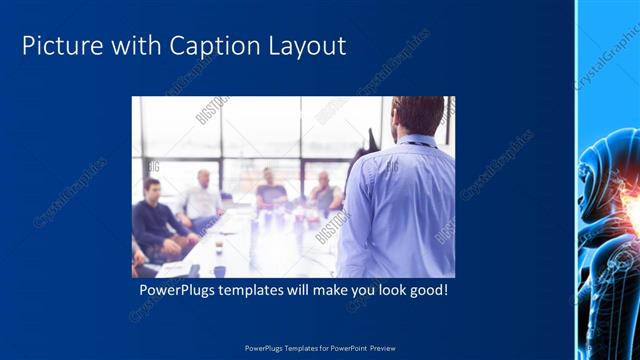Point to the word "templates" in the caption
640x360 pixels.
(x=257, y=291)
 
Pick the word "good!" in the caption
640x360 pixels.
(x=428, y=291)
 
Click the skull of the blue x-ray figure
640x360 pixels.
(x=610, y=165)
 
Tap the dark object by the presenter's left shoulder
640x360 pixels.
(x=373, y=140)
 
